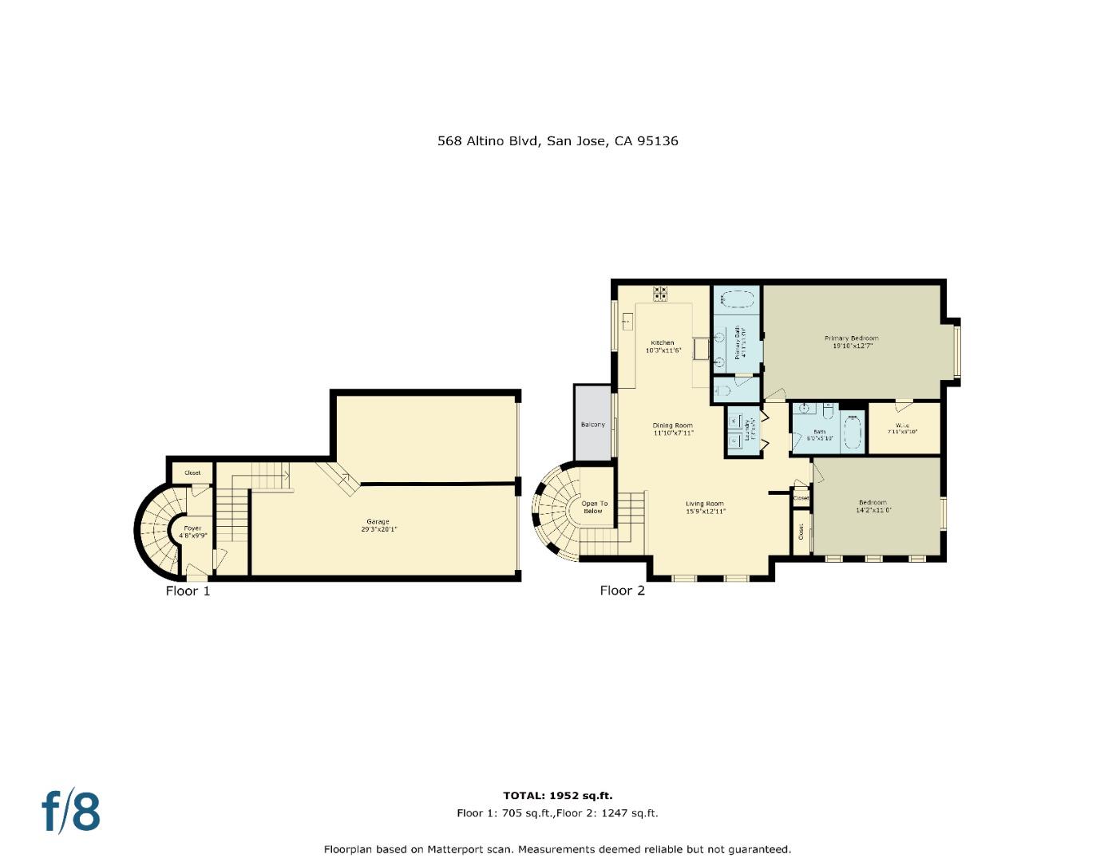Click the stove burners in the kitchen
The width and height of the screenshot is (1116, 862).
(x=660, y=293)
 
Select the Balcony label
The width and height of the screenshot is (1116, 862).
(x=592, y=425)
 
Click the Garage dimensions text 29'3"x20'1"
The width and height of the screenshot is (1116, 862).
(x=378, y=529)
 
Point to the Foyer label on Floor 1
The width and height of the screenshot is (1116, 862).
(x=192, y=528)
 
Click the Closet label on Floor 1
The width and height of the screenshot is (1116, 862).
(x=192, y=473)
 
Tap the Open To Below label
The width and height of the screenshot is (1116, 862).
(x=594, y=507)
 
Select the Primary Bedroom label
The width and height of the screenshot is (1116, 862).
(x=851, y=338)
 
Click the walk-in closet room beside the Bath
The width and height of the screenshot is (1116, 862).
(x=903, y=429)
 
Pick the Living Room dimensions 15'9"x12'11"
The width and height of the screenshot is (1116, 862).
(x=705, y=511)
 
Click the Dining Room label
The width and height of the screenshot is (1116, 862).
(x=673, y=425)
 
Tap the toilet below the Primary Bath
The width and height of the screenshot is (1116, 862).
(x=722, y=390)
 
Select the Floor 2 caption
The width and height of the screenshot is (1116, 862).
(x=622, y=591)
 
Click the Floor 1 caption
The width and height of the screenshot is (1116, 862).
(x=188, y=591)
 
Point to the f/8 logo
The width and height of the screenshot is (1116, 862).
(x=71, y=811)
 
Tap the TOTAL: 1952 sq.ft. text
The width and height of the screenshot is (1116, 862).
(x=557, y=796)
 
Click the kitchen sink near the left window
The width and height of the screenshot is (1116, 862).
(x=627, y=321)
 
